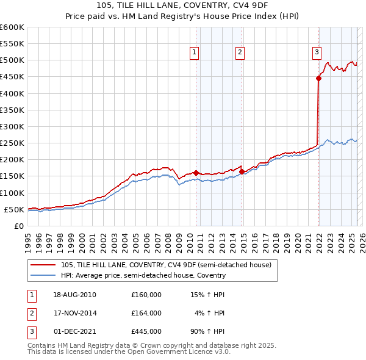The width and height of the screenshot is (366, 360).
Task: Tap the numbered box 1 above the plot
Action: point(194,53)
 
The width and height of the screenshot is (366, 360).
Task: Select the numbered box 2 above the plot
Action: point(240,53)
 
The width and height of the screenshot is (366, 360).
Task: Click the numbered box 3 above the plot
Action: point(317,53)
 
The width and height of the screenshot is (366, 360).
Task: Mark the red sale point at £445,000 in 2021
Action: point(318,78)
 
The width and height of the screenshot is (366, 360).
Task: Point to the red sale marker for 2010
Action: point(196,173)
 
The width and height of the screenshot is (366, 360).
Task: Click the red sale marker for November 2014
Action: point(242,171)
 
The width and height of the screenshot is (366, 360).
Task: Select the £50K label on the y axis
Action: point(15,209)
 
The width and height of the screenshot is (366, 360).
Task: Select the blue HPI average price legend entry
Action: point(143,275)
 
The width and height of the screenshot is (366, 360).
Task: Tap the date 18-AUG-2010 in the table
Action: point(74,295)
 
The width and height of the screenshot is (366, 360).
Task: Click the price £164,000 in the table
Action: point(146,313)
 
